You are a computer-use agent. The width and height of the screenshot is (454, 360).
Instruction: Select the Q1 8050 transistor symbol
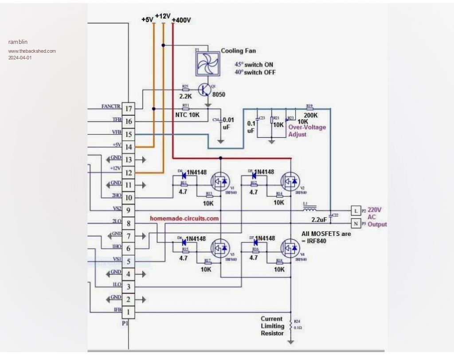coord(204,90)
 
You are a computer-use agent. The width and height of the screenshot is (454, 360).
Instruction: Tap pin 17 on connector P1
coord(129,109)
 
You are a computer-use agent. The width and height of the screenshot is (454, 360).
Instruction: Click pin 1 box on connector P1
coord(129,312)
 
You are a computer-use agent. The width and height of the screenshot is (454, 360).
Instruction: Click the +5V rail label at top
coord(147,20)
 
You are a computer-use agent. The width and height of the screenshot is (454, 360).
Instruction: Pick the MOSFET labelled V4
coord(290,248)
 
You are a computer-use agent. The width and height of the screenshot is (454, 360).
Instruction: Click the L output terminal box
coord(356,211)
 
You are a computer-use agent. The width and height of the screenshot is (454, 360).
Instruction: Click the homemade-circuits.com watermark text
coord(184,219)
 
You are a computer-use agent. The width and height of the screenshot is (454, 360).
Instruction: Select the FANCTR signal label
coord(110,106)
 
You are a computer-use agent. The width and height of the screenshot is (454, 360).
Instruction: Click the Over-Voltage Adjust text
coord(307,131)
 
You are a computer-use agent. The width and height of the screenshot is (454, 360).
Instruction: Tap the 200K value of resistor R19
coord(310,115)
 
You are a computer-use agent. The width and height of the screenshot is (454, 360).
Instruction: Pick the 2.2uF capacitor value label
coord(319,220)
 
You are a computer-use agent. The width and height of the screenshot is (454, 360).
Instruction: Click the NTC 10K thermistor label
coord(188,115)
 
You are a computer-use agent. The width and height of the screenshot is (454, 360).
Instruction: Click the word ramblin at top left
coord(18,42)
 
